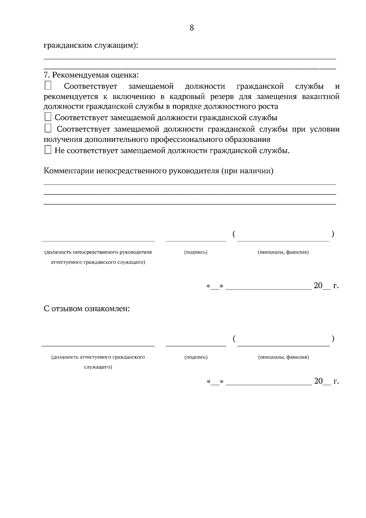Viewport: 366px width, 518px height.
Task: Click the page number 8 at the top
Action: point(192,28)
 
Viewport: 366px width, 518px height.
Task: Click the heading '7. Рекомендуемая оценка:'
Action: point(91,75)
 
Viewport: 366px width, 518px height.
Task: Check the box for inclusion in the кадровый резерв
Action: point(48,85)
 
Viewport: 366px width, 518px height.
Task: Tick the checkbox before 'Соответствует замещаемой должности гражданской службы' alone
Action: point(48,117)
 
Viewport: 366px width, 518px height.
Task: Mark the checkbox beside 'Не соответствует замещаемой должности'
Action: point(48,150)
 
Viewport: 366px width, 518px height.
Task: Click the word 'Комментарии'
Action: point(69,171)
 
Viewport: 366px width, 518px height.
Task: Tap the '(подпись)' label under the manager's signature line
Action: point(196,252)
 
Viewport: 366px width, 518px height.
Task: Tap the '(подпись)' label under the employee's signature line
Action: point(196,357)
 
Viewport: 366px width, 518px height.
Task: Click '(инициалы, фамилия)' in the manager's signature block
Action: point(283,252)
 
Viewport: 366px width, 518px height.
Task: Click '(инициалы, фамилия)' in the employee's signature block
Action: point(283,357)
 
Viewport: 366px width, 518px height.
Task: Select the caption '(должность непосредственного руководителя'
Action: point(98,252)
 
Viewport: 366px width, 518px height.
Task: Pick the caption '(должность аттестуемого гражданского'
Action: point(98,357)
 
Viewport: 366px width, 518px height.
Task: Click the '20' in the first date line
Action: point(318,286)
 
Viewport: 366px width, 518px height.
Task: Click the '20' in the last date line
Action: point(318,381)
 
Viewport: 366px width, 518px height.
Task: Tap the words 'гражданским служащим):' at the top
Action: point(91,45)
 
